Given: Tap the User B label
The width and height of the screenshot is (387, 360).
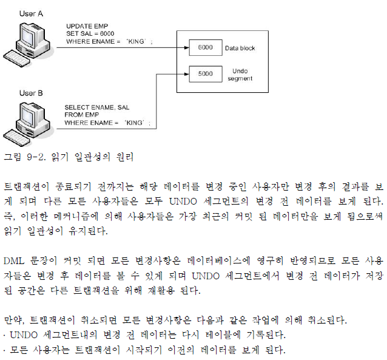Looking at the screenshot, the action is click(x=31, y=93).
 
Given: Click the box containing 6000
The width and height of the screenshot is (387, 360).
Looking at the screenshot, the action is click(x=205, y=47).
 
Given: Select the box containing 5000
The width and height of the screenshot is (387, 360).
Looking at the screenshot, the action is click(x=205, y=75).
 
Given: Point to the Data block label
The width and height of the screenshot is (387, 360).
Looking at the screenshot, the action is click(x=240, y=47).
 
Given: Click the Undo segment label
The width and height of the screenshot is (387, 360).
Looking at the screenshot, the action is click(x=240, y=75).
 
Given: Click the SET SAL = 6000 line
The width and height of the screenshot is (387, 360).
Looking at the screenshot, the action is click(x=90, y=33).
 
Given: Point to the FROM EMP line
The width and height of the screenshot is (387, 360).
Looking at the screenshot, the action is click(x=81, y=115).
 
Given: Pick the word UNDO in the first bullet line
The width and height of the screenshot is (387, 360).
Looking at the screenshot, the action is click(x=24, y=335).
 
